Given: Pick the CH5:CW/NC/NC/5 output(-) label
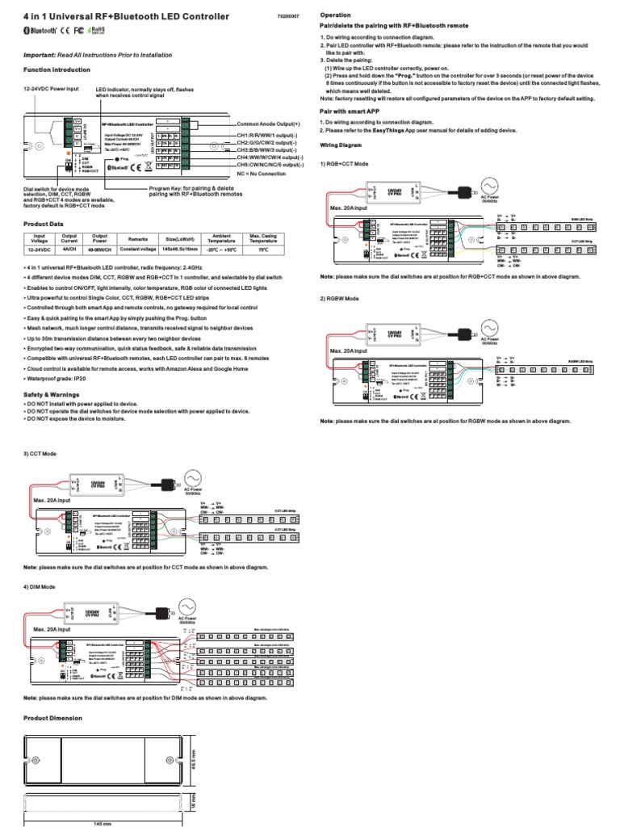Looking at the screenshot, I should [270, 164].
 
